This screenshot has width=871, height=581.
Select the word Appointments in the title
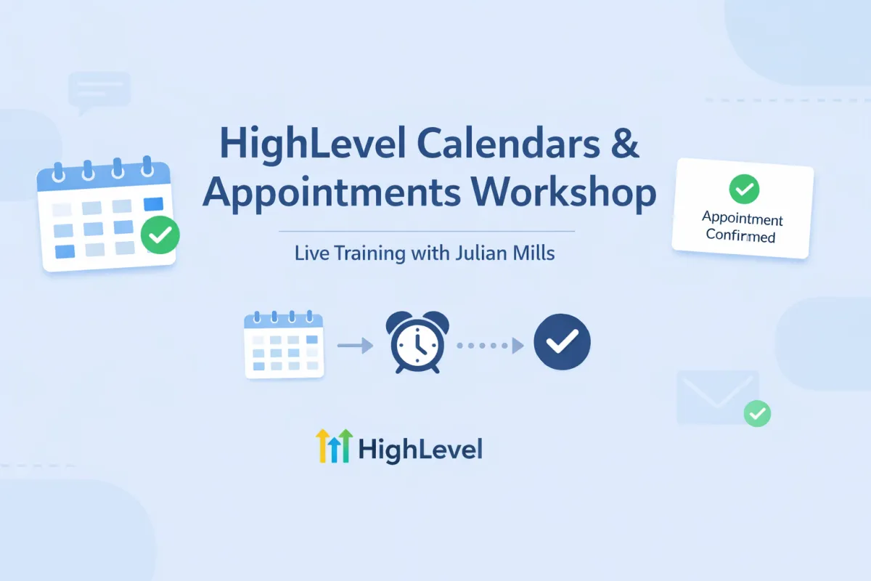(331, 192)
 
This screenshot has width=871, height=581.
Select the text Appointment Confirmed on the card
(742, 227)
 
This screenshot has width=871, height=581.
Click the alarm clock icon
(417, 342)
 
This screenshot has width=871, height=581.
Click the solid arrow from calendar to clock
(355, 344)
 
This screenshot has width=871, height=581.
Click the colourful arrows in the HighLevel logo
(334, 445)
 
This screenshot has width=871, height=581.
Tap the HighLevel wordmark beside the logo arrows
(420, 450)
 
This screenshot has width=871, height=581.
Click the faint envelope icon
(717, 397)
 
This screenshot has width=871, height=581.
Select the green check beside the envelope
(757, 414)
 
